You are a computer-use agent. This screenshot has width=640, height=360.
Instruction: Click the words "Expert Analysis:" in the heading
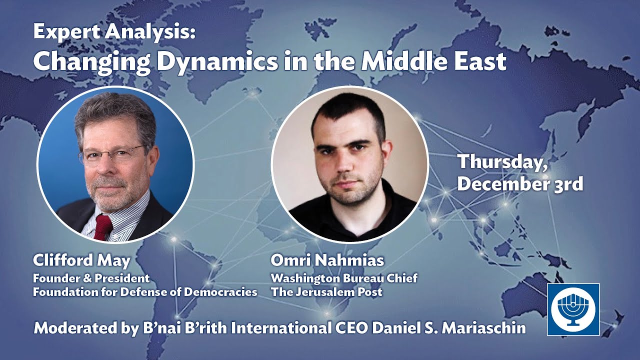(x=114, y=33)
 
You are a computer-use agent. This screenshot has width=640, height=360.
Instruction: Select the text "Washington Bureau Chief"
(x=344, y=278)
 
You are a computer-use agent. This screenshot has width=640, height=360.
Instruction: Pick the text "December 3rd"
(x=520, y=184)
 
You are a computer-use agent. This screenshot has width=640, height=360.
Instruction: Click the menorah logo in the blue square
(x=572, y=309)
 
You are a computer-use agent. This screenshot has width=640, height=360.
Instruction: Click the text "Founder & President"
(x=91, y=278)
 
